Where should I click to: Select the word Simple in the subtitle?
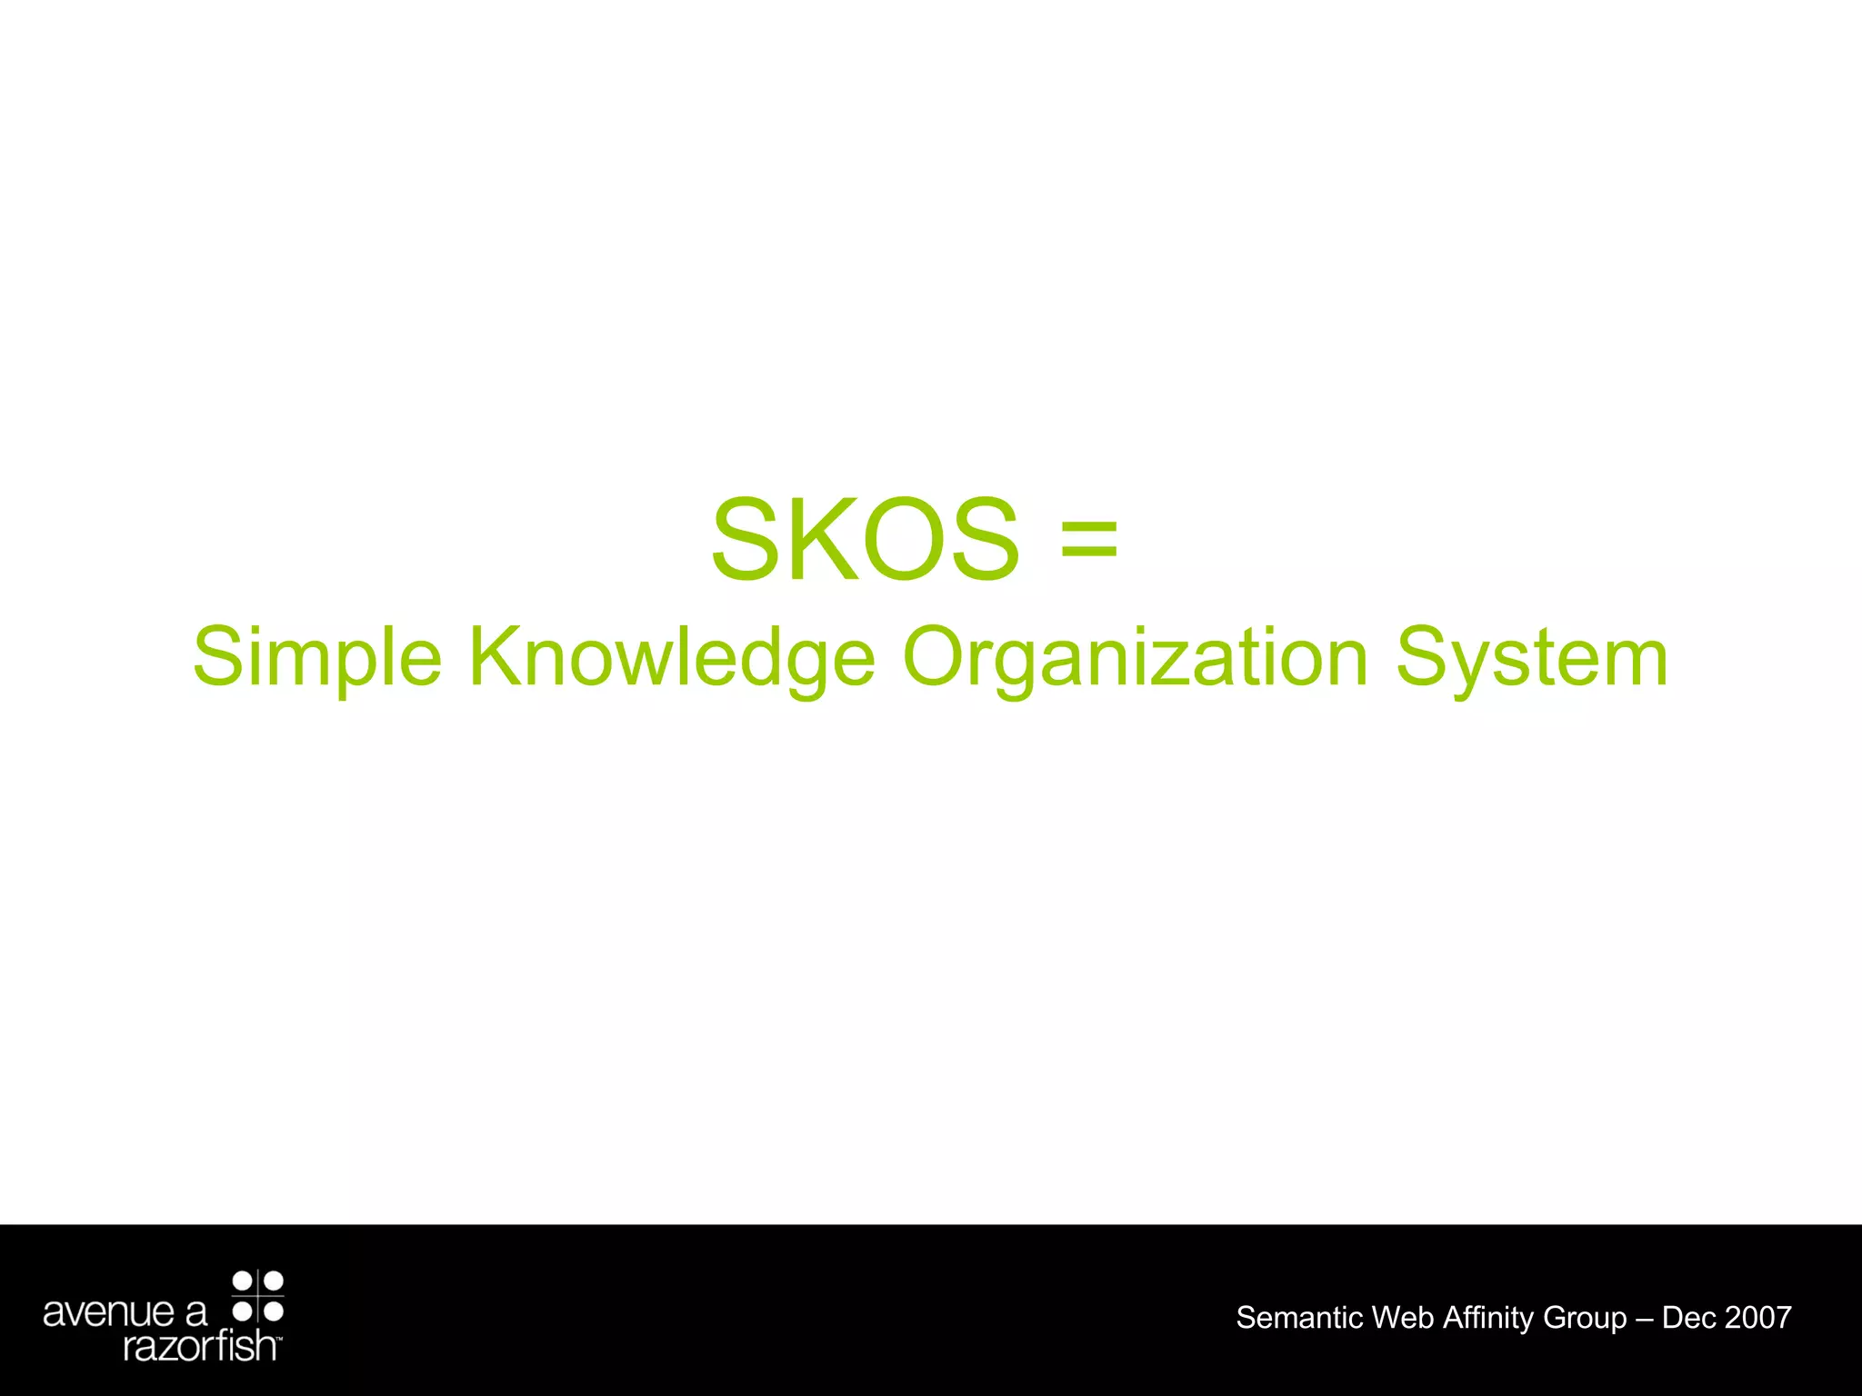coord(317,658)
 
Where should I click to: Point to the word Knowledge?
coord(672,658)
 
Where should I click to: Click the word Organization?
coord(1135,658)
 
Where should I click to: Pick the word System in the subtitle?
coord(1532,658)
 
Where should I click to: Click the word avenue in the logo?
coord(109,1312)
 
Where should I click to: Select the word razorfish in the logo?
coord(200,1345)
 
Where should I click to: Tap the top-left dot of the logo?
coord(243,1281)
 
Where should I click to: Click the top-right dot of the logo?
coord(274,1281)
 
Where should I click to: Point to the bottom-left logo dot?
coord(243,1311)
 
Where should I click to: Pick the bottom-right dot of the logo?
coord(274,1311)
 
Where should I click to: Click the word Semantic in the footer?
coord(1299,1318)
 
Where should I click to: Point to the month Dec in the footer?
coord(1689,1318)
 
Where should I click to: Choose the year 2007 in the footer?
coord(1757,1318)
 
